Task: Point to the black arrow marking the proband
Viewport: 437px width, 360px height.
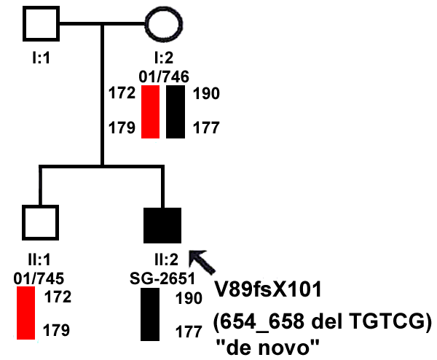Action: coord(206,261)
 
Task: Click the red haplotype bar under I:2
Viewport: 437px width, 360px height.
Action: coord(150,111)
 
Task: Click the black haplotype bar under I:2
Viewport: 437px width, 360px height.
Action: coord(175,111)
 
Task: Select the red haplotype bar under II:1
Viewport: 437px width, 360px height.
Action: coord(26,313)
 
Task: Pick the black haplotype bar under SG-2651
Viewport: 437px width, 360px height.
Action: coord(150,314)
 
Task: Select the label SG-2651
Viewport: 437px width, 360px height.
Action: coord(160,278)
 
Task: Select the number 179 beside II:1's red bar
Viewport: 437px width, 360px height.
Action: coord(57,330)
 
